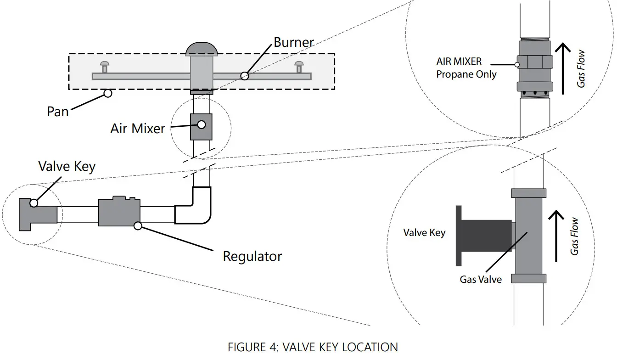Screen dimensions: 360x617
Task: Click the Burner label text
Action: [294, 43]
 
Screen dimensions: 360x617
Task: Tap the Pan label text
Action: [58, 112]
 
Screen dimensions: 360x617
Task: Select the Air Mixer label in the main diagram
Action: [137, 128]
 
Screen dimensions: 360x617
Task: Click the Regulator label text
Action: [252, 256]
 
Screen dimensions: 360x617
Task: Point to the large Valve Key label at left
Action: [67, 166]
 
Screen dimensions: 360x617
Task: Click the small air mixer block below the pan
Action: [201, 126]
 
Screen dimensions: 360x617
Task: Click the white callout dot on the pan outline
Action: [107, 93]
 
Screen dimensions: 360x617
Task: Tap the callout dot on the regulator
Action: [137, 225]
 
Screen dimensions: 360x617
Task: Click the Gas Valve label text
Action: [481, 279]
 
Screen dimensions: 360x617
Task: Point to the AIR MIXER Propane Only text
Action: [466, 68]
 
